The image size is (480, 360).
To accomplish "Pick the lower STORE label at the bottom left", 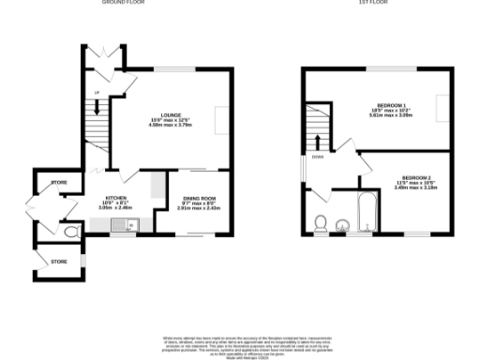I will pos(59,260).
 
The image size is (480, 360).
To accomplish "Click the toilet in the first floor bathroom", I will pos(321,222).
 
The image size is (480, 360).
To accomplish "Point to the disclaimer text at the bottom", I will pos(240,345).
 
